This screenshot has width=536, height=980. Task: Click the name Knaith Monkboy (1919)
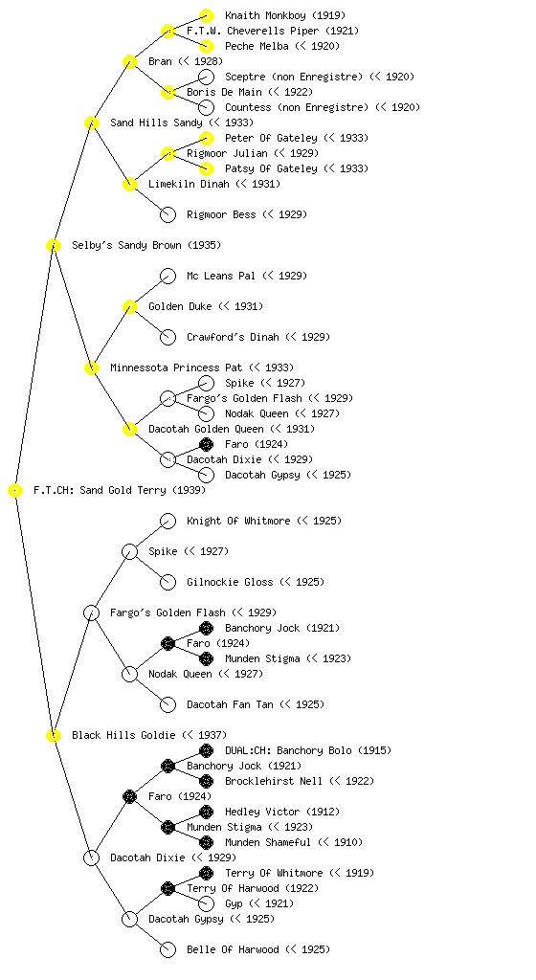285,15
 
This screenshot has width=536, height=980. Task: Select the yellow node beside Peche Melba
206,46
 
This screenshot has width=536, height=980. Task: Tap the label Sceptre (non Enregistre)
294,77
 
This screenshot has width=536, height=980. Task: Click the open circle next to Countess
206,107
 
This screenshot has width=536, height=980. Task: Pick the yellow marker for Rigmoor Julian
167,153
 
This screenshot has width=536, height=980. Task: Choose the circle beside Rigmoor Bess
168,214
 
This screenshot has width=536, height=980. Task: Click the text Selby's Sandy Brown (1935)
146,245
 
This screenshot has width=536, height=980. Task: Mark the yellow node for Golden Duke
129,306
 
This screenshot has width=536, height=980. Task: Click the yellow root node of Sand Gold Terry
15,491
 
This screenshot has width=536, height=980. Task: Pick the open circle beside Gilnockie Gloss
168,582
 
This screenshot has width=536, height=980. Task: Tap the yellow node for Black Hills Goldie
53,735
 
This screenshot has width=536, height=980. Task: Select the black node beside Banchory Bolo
206,750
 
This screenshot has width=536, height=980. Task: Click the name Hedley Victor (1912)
282,812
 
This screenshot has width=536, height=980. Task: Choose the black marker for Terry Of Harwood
167,888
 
